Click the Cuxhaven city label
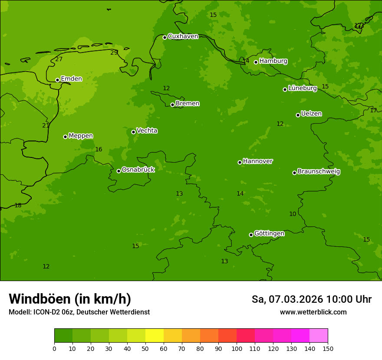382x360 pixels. (x=183, y=36)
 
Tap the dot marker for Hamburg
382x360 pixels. (x=256, y=62)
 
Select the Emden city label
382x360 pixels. (x=71, y=79)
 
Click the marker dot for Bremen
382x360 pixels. (x=172, y=105)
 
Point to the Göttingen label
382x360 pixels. (x=269, y=234)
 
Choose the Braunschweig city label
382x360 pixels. (x=319, y=172)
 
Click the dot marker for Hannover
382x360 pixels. (x=240, y=162)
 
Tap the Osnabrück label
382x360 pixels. (x=138, y=170)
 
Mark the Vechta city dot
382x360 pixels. (x=133, y=132)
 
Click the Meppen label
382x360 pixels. (x=81, y=136)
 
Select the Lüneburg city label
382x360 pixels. (x=303, y=88)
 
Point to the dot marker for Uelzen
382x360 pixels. (x=298, y=115)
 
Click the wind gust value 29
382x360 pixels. (x=114, y=53)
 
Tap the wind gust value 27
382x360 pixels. (x=59, y=59)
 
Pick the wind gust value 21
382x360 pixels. (x=46, y=125)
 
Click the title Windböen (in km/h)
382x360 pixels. (x=70, y=299)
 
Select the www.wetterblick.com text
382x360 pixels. (x=313, y=312)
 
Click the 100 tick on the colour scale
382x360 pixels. (x=237, y=348)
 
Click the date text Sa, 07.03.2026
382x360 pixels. (x=287, y=299)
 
